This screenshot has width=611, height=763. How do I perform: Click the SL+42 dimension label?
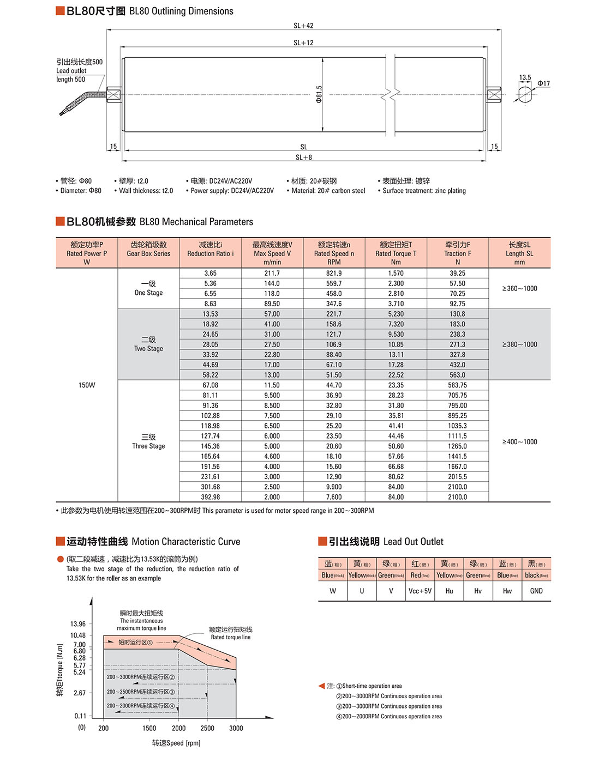[303, 26]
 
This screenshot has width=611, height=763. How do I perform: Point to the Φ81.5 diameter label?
[319, 94]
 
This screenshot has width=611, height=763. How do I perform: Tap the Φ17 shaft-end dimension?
[543, 83]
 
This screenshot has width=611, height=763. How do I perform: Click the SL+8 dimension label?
[304, 158]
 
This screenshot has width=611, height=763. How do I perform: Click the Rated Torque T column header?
[396, 253]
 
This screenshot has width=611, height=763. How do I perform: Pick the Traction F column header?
[458, 253]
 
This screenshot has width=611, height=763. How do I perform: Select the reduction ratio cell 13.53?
[211, 314]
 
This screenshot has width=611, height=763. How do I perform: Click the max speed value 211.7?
[272, 273]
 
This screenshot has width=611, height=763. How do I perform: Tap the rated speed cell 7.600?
[334, 497]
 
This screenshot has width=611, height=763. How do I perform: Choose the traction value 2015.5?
[458, 477]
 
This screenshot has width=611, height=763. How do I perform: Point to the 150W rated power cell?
[87, 385]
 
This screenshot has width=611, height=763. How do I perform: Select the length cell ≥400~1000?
[519, 442]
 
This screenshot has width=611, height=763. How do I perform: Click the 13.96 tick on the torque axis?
[78, 624]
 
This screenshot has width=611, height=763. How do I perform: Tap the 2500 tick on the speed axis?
[207, 728]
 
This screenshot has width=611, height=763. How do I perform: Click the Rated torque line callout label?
[231, 633]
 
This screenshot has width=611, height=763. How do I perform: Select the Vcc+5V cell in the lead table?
[420, 591]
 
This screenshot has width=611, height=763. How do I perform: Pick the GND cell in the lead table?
[536, 591]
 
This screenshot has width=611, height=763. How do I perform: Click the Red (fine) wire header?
[420, 570]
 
